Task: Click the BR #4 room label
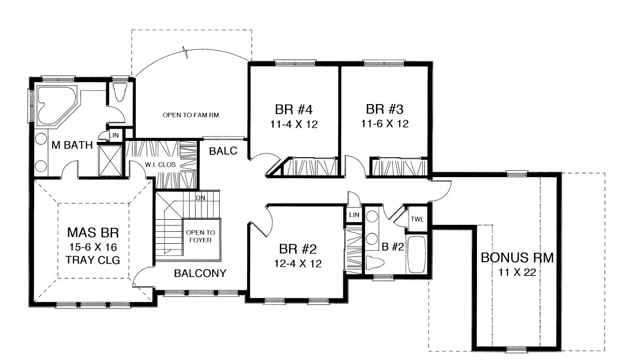tap(294, 109)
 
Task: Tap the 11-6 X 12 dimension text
tap(385, 124)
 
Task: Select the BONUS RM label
tap(517, 258)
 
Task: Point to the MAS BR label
tap(93, 232)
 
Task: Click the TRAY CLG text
tap(93, 260)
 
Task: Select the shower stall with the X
tap(110, 161)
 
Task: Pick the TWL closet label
tap(417, 219)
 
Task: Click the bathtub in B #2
tap(417, 255)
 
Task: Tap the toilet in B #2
tap(375, 263)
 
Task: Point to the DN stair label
tap(200, 198)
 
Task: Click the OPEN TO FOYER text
tap(200, 236)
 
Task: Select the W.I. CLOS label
tap(160, 164)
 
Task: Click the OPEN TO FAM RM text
tap(191, 115)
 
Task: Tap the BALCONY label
tap(200, 273)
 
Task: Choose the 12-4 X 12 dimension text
tap(298, 263)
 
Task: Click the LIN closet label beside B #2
tap(354, 215)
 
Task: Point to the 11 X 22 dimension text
tap(517, 272)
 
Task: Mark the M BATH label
tap(72, 145)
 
